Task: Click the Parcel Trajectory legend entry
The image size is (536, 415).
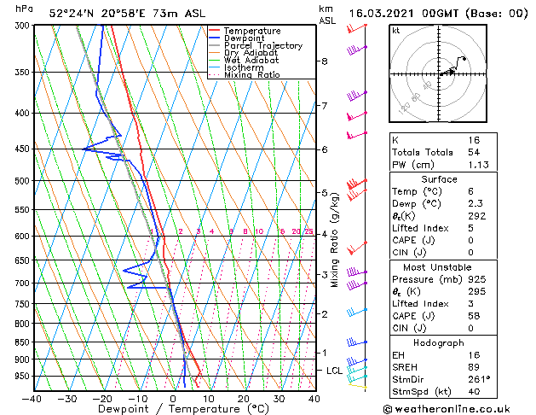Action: (x=262, y=46)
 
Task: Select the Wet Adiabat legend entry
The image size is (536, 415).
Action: (x=251, y=61)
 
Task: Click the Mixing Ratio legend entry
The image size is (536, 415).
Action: (x=251, y=75)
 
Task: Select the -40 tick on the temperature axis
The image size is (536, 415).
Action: (x=32, y=398)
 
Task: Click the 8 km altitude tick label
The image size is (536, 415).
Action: (x=325, y=61)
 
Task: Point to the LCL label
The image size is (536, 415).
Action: (x=334, y=371)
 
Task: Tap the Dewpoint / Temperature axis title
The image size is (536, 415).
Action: (x=173, y=409)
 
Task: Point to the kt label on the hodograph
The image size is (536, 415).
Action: (x=396, y=30)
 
